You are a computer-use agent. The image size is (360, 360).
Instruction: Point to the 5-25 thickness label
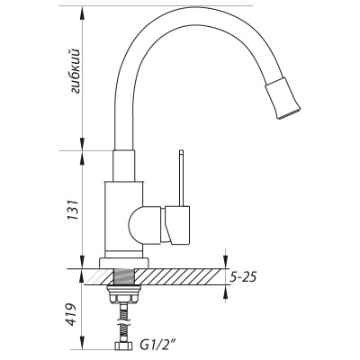pos(245,277)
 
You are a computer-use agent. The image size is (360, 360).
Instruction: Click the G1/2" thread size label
pos(159,344)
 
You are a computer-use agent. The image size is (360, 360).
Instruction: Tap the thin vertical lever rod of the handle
pos(180,180)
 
